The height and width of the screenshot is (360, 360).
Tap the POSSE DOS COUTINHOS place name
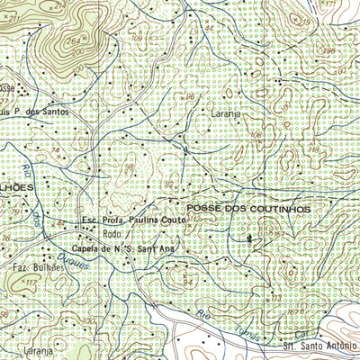click(x=248, y=208)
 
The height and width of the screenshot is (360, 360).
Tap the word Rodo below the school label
click(x=112, y=233)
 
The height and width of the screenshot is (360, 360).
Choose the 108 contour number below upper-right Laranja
click(x=255, y=136)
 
